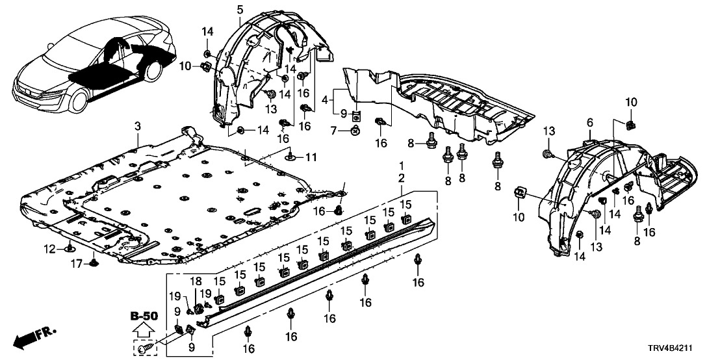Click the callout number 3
click(x=137, y=125)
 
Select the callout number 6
click(x=589, y=123)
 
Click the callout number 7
click(x=334, y=131)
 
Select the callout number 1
click(x=401, y=166)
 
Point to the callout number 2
click(x=401, y=178)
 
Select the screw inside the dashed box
click(x=144, y=350)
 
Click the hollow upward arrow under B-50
click(x=144, y=330)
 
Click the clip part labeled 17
click(x=95, y=263)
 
